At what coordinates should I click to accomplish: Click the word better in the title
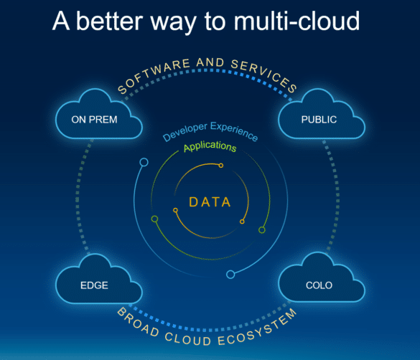[x=110, y=21]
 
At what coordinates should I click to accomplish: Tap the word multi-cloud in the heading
[x=297, y=21]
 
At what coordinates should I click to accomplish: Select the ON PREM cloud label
[x=94, y=120]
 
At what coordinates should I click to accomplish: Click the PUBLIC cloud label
[x=319, y=120]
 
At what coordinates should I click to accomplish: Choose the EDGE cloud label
[x=94, y=285]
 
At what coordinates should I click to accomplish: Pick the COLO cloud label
[x=319, y=285]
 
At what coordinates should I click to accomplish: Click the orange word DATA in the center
[x=210, y=202]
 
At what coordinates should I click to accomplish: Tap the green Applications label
[x=210, y=146]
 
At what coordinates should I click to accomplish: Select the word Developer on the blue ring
[x=185, y=131]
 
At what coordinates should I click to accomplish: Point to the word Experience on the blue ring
[x=234, y=131]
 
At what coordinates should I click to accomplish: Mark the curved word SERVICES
[x=264, y=75]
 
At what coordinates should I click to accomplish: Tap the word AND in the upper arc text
[x=210, y=62]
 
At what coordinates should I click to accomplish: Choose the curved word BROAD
[x=139, y=322]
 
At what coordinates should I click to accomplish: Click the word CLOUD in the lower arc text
[x=188, y=339]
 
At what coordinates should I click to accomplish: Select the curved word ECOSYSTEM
[x=257, y=328]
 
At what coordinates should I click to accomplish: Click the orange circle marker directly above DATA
[x=221, y=166]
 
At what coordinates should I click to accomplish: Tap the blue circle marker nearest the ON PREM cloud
[x=144, y=162]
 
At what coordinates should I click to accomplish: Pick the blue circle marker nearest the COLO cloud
[x=230, y=275]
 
